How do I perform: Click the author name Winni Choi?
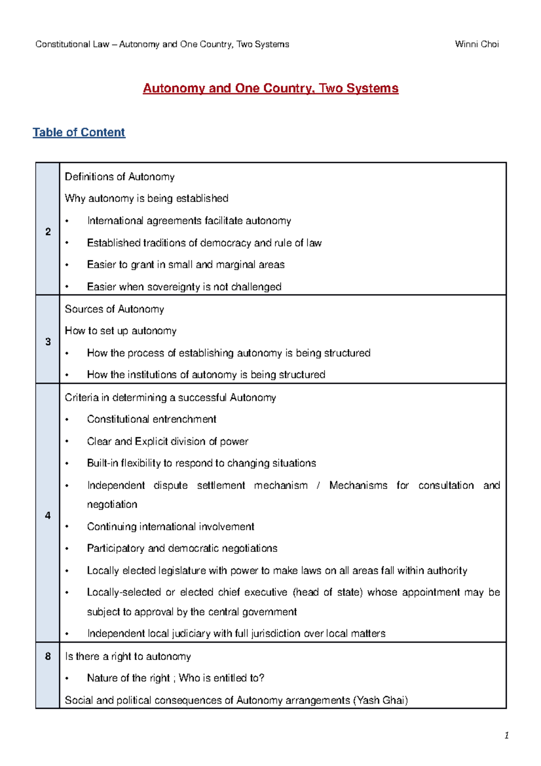(477, 44)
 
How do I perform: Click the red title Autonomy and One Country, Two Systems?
(270, 88)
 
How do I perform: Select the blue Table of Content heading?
(79, 132)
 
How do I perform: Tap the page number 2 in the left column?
(48, 231)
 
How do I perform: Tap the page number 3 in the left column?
(48, 341)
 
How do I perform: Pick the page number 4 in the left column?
(48, 515)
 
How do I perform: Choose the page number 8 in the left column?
(48, 656)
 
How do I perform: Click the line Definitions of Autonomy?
(119, 177)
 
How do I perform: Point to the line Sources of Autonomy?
(115, 309)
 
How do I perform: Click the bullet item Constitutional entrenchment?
(151, 419)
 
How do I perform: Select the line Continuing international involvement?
(170, 526)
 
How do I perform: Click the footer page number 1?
(507, 736)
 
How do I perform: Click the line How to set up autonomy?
(120, 331)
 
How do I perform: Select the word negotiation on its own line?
(112, 504)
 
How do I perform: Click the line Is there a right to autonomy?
(128, 656)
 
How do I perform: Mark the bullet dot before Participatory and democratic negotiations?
(67, 549)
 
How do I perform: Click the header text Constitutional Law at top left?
(72, 44)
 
